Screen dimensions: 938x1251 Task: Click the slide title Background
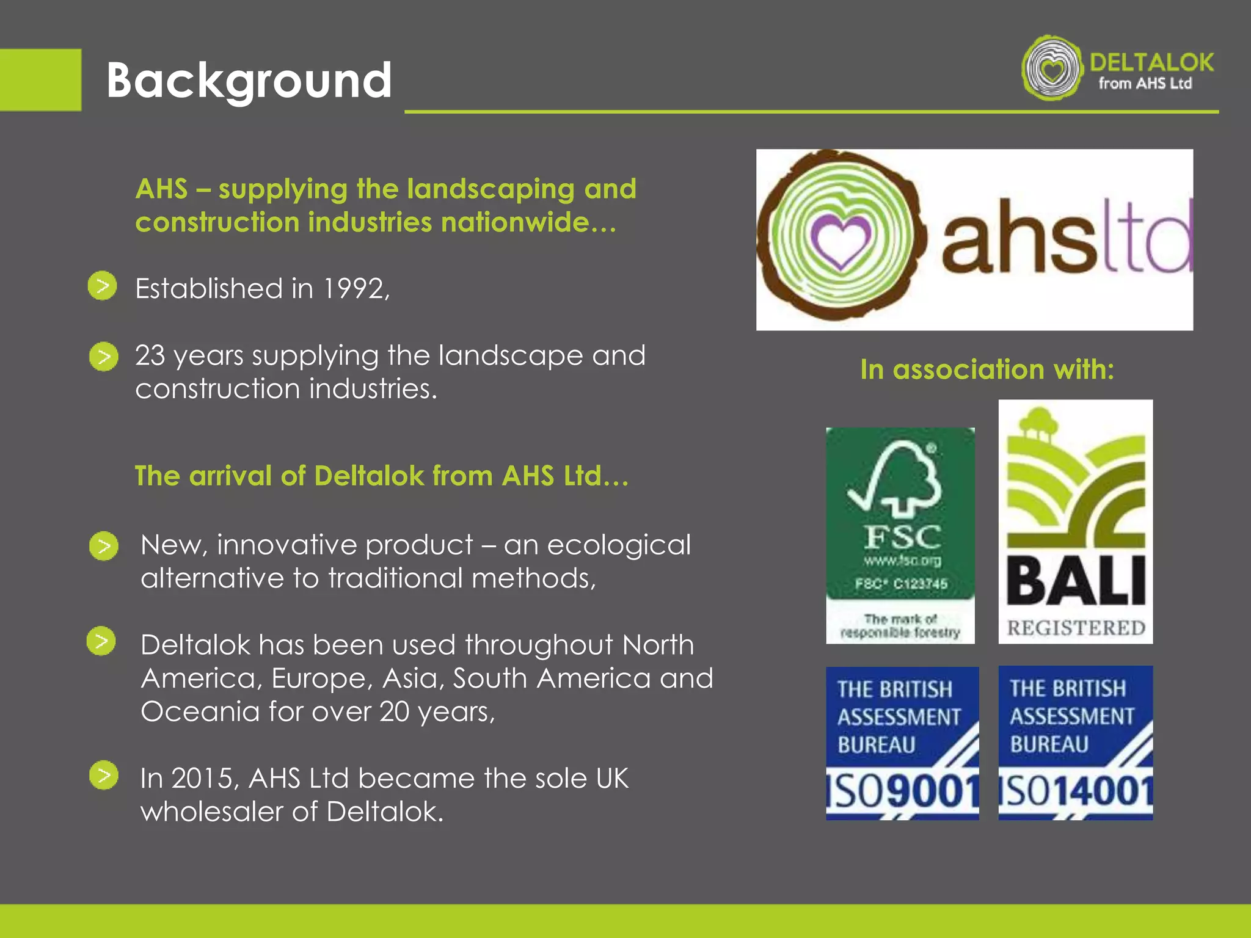tap(249, 81)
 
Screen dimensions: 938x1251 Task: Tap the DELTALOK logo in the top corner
tap(1118, 68)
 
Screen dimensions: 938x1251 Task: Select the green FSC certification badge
tap(900, 535)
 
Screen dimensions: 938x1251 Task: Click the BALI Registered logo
tap(1076, 521)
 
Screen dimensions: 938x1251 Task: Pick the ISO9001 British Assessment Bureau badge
tap(902, 743)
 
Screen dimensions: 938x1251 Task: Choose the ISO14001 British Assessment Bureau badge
tap(1076, 743)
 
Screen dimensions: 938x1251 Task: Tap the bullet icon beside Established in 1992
tap(103, 286)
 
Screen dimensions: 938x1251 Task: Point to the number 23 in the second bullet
tap(150, 355)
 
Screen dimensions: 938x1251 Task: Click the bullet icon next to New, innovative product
tap(104, 546)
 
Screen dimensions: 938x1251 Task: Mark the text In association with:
tap(987, 369)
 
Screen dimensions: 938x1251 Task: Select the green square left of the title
tap(40, 80)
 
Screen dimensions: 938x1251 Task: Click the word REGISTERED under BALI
tap(1076, 628)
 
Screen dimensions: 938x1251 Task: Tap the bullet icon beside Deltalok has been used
tap(101, 641)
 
